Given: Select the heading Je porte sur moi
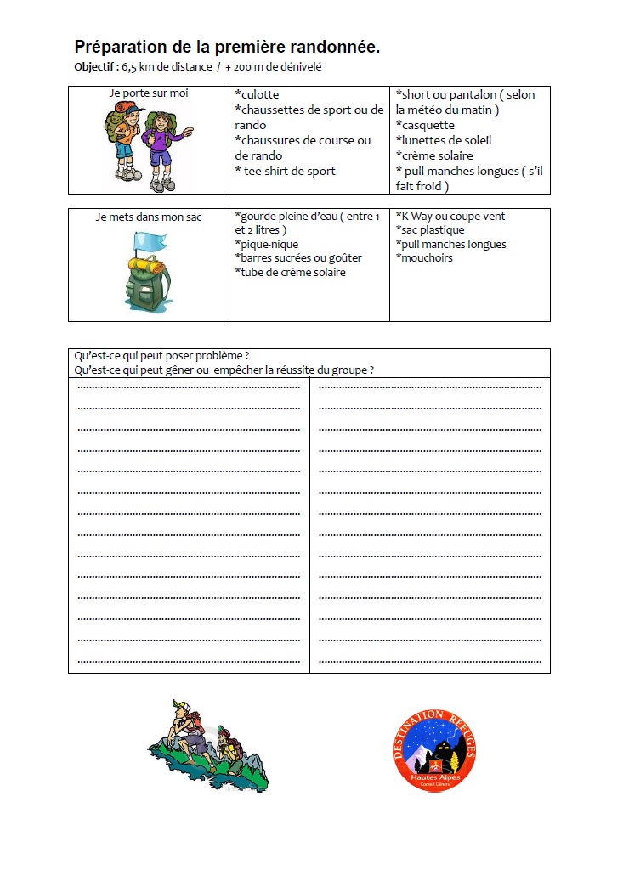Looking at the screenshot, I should [149, 93].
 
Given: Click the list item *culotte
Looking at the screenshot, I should [257, 94].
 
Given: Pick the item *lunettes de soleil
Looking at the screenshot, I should [444, 140].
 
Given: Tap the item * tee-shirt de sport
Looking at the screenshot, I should [286, 171].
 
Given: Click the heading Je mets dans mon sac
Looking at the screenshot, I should [149, 217].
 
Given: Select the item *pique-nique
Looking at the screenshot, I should [267, 244].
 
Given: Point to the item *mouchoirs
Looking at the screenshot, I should [424, 257].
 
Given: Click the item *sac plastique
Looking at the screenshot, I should [430, 230].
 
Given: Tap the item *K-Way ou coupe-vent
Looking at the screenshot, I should [450, 217].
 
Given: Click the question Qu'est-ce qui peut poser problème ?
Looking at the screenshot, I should [161, 356].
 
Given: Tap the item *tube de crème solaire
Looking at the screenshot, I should [291, 272].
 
